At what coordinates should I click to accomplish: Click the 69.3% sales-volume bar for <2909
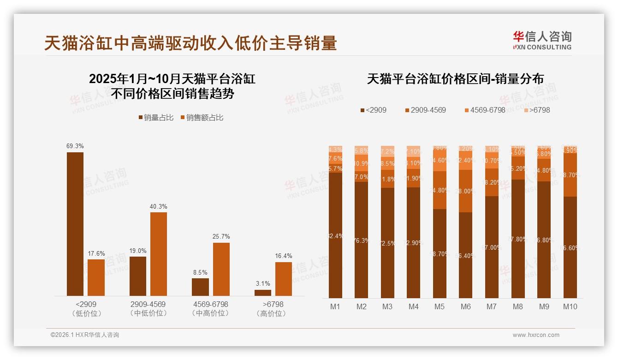75,224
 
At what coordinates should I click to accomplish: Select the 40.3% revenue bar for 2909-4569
158,254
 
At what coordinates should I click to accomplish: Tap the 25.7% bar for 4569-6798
221,269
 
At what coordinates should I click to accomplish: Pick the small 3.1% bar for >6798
263,293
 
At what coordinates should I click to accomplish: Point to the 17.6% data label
96,253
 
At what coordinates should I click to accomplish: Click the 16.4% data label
283,256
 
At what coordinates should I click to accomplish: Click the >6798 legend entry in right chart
537,110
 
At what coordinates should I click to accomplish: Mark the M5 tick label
440,306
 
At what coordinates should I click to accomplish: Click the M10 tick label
570,306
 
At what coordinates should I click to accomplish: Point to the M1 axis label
335,306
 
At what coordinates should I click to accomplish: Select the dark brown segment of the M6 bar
466,255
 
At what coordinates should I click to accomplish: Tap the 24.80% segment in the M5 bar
440,190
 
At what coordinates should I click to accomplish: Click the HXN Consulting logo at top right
542,40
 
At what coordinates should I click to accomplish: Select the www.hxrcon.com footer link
535,335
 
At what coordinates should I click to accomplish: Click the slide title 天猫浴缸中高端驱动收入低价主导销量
190,43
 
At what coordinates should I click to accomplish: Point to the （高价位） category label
273,313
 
